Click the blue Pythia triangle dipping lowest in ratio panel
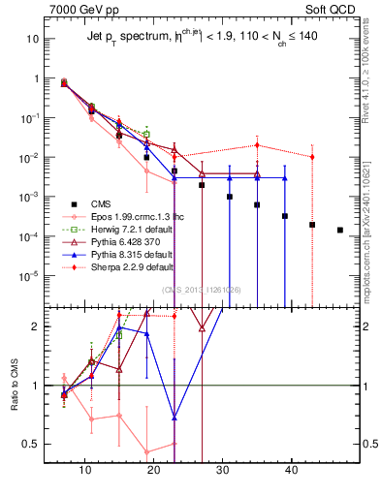pos(175,418)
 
